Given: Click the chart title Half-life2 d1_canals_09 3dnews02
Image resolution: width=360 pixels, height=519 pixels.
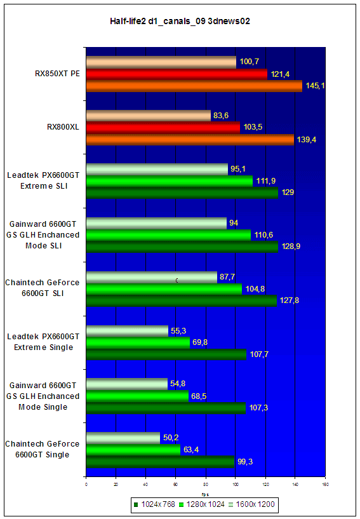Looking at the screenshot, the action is point(180,22).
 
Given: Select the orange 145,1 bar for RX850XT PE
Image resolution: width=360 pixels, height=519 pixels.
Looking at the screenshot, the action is point(194,86).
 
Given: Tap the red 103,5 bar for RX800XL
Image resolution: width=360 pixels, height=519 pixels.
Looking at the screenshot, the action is point(163,128).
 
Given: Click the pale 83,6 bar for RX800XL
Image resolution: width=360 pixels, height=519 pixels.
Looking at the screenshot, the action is point(149,116).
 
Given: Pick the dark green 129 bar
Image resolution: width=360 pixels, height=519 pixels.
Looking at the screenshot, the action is point(182,193).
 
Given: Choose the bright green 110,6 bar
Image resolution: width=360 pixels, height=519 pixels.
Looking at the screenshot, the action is point(169,235).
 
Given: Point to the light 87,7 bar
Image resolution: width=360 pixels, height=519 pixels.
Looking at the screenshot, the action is point(152,278).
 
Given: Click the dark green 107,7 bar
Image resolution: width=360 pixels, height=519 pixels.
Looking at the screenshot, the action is point(166,354).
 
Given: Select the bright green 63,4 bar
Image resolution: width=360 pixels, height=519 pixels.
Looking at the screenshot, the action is point(133,450).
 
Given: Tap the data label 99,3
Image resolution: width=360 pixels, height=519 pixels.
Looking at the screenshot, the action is point(245,462).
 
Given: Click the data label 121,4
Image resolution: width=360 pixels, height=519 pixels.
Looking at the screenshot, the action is point(280,74).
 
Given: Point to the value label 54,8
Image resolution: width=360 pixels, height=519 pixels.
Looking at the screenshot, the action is point(178,384).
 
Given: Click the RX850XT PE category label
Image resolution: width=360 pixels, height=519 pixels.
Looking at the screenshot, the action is point(57,74).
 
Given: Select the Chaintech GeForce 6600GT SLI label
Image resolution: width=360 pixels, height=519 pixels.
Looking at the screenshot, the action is point(43,288).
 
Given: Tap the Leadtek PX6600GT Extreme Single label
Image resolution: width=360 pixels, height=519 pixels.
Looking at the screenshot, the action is point(43,342).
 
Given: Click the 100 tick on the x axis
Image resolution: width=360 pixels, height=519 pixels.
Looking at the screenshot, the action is point(236,485).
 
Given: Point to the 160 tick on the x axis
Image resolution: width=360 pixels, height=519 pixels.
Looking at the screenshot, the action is point(325,485).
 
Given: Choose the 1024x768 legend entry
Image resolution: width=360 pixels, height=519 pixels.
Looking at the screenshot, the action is point(154,504).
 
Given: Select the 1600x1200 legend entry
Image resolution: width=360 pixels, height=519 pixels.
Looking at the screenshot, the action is point(251,504).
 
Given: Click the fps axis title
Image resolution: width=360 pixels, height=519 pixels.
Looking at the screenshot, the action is point(206,494).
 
